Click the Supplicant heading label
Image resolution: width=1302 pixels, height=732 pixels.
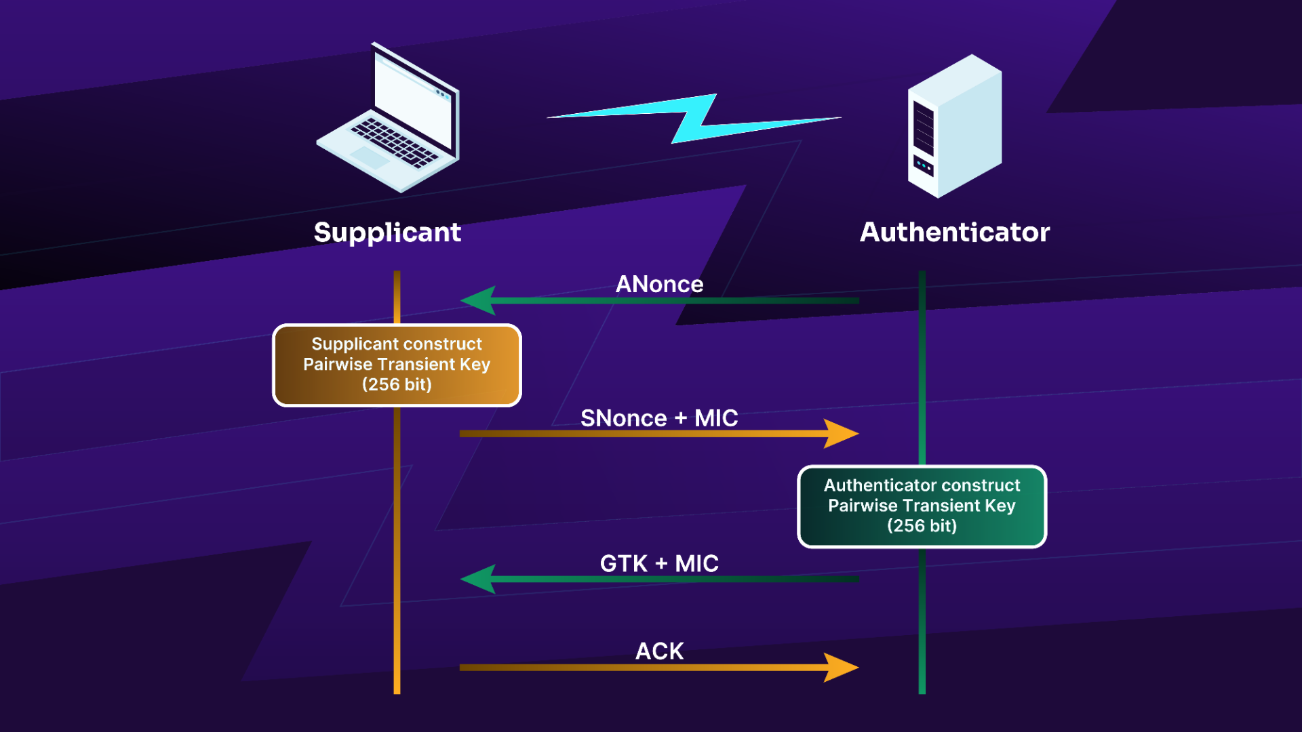pos(387,232)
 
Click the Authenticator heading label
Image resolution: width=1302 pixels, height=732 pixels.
pos(955,232)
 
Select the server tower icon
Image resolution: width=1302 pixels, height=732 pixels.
pos(955,126)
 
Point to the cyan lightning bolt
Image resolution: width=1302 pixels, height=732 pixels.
pos(694,119)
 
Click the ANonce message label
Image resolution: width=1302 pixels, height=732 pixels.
pos(659,284)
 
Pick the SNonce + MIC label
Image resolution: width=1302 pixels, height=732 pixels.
pos(659,418)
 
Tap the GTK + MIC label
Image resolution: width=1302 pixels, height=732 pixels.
pos(659,563)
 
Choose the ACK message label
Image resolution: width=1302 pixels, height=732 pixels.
pos(659,651)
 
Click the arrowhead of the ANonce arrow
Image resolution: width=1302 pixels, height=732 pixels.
pos(477,300)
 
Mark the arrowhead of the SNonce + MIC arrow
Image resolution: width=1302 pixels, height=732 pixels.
pos(842,434)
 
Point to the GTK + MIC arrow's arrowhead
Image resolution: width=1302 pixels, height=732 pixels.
pos(477,579)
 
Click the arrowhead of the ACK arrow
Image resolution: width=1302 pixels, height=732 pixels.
pos(842,668)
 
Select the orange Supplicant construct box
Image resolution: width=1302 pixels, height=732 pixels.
pos(397,365)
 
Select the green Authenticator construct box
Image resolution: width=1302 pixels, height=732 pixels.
pos(922,506)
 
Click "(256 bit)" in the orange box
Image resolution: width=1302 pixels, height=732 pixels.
pos(397,385)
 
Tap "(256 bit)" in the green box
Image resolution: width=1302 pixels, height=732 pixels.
pos(922,526)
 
